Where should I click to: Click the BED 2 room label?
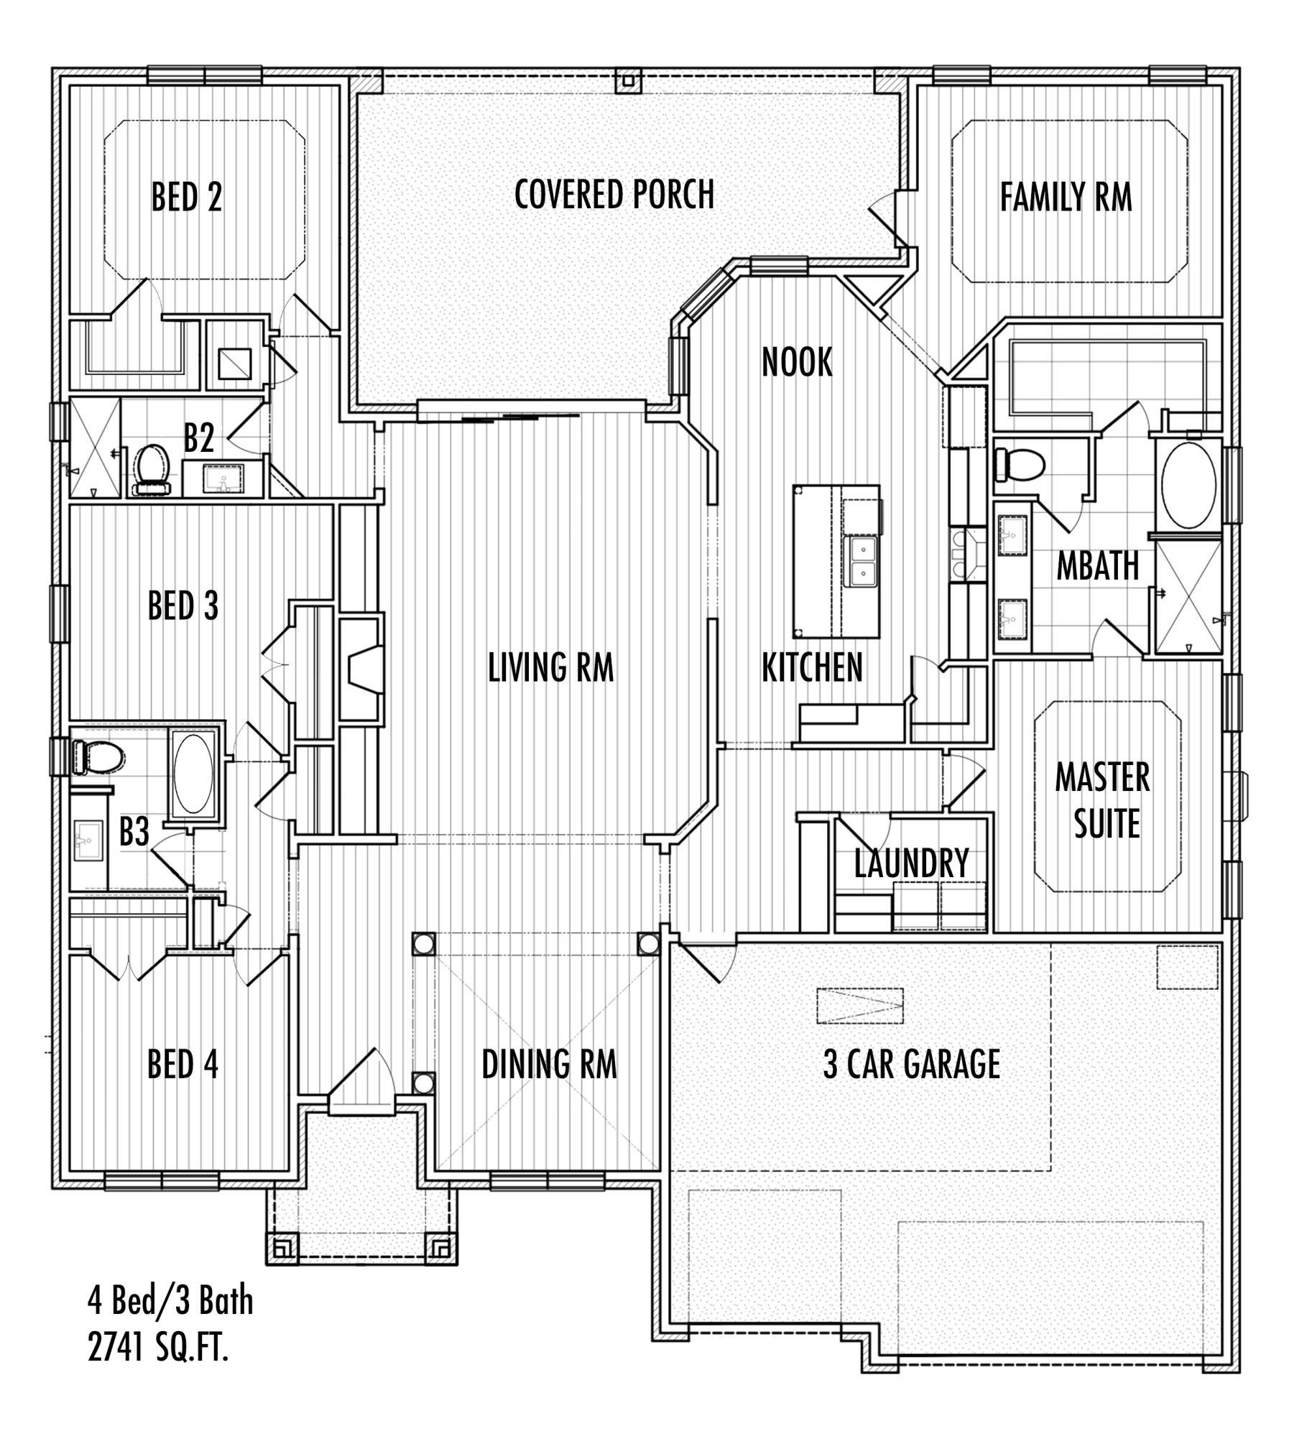click(x=187, y=197)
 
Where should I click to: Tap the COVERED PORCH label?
click(x=614, y=194)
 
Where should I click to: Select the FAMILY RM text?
click(x=1066, y=197)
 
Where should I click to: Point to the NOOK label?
click(x=797, y=362)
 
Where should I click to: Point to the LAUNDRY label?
click(x=911, y=863)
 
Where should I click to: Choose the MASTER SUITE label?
click(x=1103, y=801)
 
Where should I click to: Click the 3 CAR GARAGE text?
click(x=911, y=1064)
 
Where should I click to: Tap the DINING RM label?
click(x=549, y=1064)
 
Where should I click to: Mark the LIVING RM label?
click(x=551, y=667)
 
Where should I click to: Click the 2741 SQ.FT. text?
click(x=158, y=1349)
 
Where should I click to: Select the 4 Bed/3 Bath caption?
click(x=170, y=1300)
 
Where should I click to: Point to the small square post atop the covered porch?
click(x=627, y=81)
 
